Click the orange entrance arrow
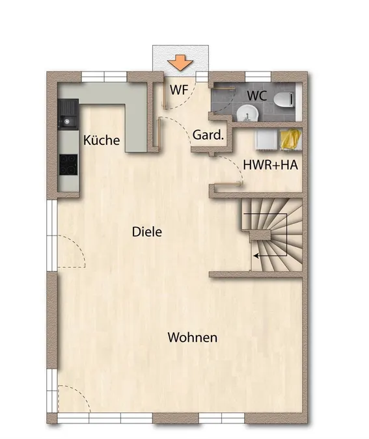pos(180,62)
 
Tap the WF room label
pos(179,90)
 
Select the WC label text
pos(257,96)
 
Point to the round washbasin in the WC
pos(247,114)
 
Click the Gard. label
pos(208,135)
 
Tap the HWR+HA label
pos(270,165)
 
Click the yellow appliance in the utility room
pos(291,139)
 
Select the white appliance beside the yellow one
pos(266,139)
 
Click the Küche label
pos(102,140)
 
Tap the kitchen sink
pos(68,114)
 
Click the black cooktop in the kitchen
pos(68,165)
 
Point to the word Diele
pos(147,232)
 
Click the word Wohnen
pos(193,338)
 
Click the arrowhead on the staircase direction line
pos(256,256)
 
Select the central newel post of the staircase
pos(260,235)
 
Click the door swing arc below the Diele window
pos(74,252)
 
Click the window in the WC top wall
pos(258,77)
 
